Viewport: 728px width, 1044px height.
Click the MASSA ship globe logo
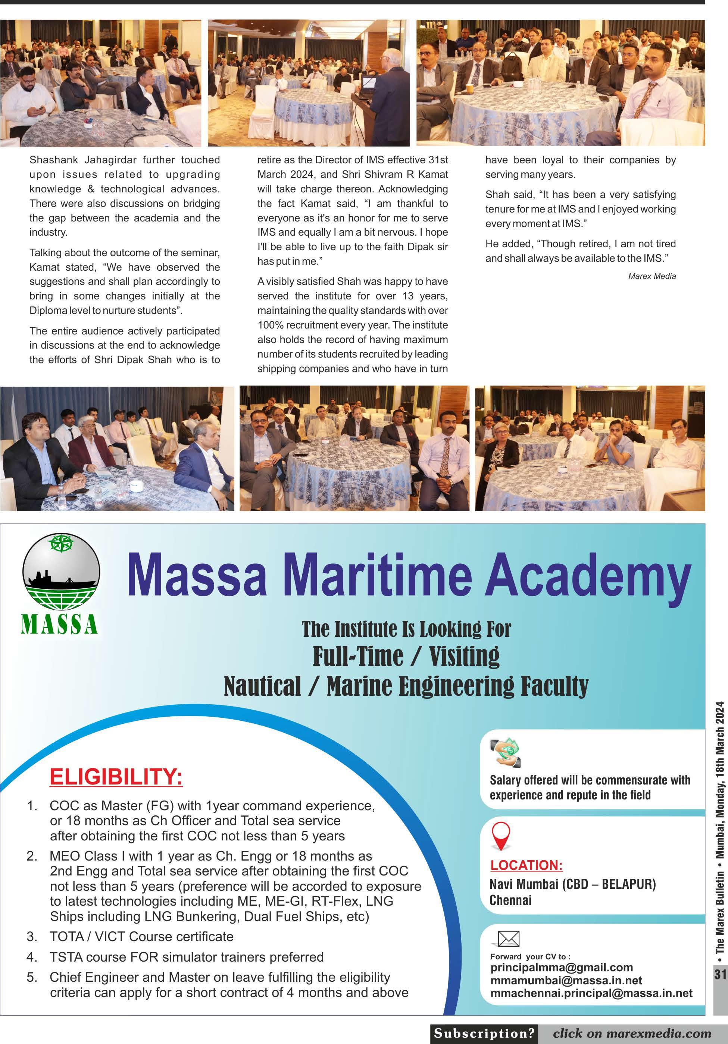[61, 572]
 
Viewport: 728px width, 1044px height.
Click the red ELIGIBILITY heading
[116, 776]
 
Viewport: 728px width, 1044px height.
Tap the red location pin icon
[501, 836]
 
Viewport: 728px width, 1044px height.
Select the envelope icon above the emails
[508, 938]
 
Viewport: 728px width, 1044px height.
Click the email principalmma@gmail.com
[562, 967]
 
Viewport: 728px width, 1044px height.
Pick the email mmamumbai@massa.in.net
[566, 980]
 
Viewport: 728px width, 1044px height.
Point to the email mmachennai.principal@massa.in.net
[591, 993]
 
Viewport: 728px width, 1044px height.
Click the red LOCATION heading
[526, 865]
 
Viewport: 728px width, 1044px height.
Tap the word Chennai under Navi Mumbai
[510, 900]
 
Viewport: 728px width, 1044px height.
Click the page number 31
[720, 974]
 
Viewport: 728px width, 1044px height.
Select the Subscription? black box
[484, 1033]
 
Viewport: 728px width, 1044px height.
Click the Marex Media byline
[652, 276]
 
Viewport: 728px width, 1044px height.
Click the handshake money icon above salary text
[506, 752]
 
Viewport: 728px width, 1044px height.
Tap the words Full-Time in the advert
[357, 656]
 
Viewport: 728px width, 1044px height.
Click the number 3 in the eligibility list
[31, 936]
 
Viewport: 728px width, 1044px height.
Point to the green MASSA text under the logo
[59, 624]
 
